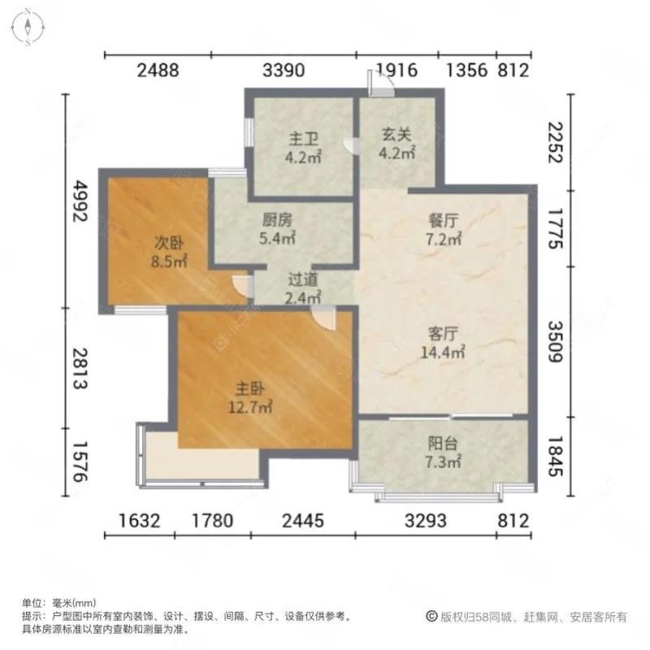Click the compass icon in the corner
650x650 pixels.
pyautogui.click(x=27, y=27)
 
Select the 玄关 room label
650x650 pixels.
pyautogui.click(x=398, y=137)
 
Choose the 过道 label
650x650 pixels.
pyautogui.click(x=301, y=279)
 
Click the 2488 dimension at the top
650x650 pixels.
pyautogui.click(x=158, y=70)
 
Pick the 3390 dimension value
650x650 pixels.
pyautogui.click(x=284, y=70)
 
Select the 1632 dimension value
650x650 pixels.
pyautogui.click(x=137, y=520)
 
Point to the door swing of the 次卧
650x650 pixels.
pyautogui.click(x=241, y=285)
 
